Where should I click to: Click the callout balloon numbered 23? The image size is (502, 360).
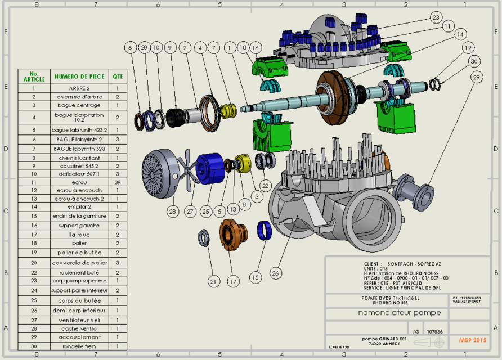(435, 17)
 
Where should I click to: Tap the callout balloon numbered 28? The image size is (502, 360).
(172, 211)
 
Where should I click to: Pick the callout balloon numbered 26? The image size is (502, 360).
(275, 273)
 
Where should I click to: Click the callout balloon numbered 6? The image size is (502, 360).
(130, 48)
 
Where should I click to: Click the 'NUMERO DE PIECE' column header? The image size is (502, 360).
(79, 76)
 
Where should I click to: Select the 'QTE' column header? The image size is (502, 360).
(118, 76)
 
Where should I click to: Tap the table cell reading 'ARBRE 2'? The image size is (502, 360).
(79, 88)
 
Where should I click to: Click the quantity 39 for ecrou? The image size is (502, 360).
(118, 182)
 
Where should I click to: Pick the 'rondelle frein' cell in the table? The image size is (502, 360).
(79, 346)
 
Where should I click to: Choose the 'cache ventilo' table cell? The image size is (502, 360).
(79, 328)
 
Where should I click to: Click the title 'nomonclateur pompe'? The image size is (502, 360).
(400, 313)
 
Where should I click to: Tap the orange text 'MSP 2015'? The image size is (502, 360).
(472, 340)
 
